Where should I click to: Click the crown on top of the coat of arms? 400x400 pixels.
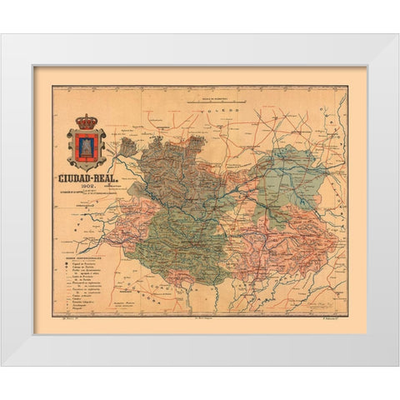87,122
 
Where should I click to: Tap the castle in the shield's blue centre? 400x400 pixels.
87,147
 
